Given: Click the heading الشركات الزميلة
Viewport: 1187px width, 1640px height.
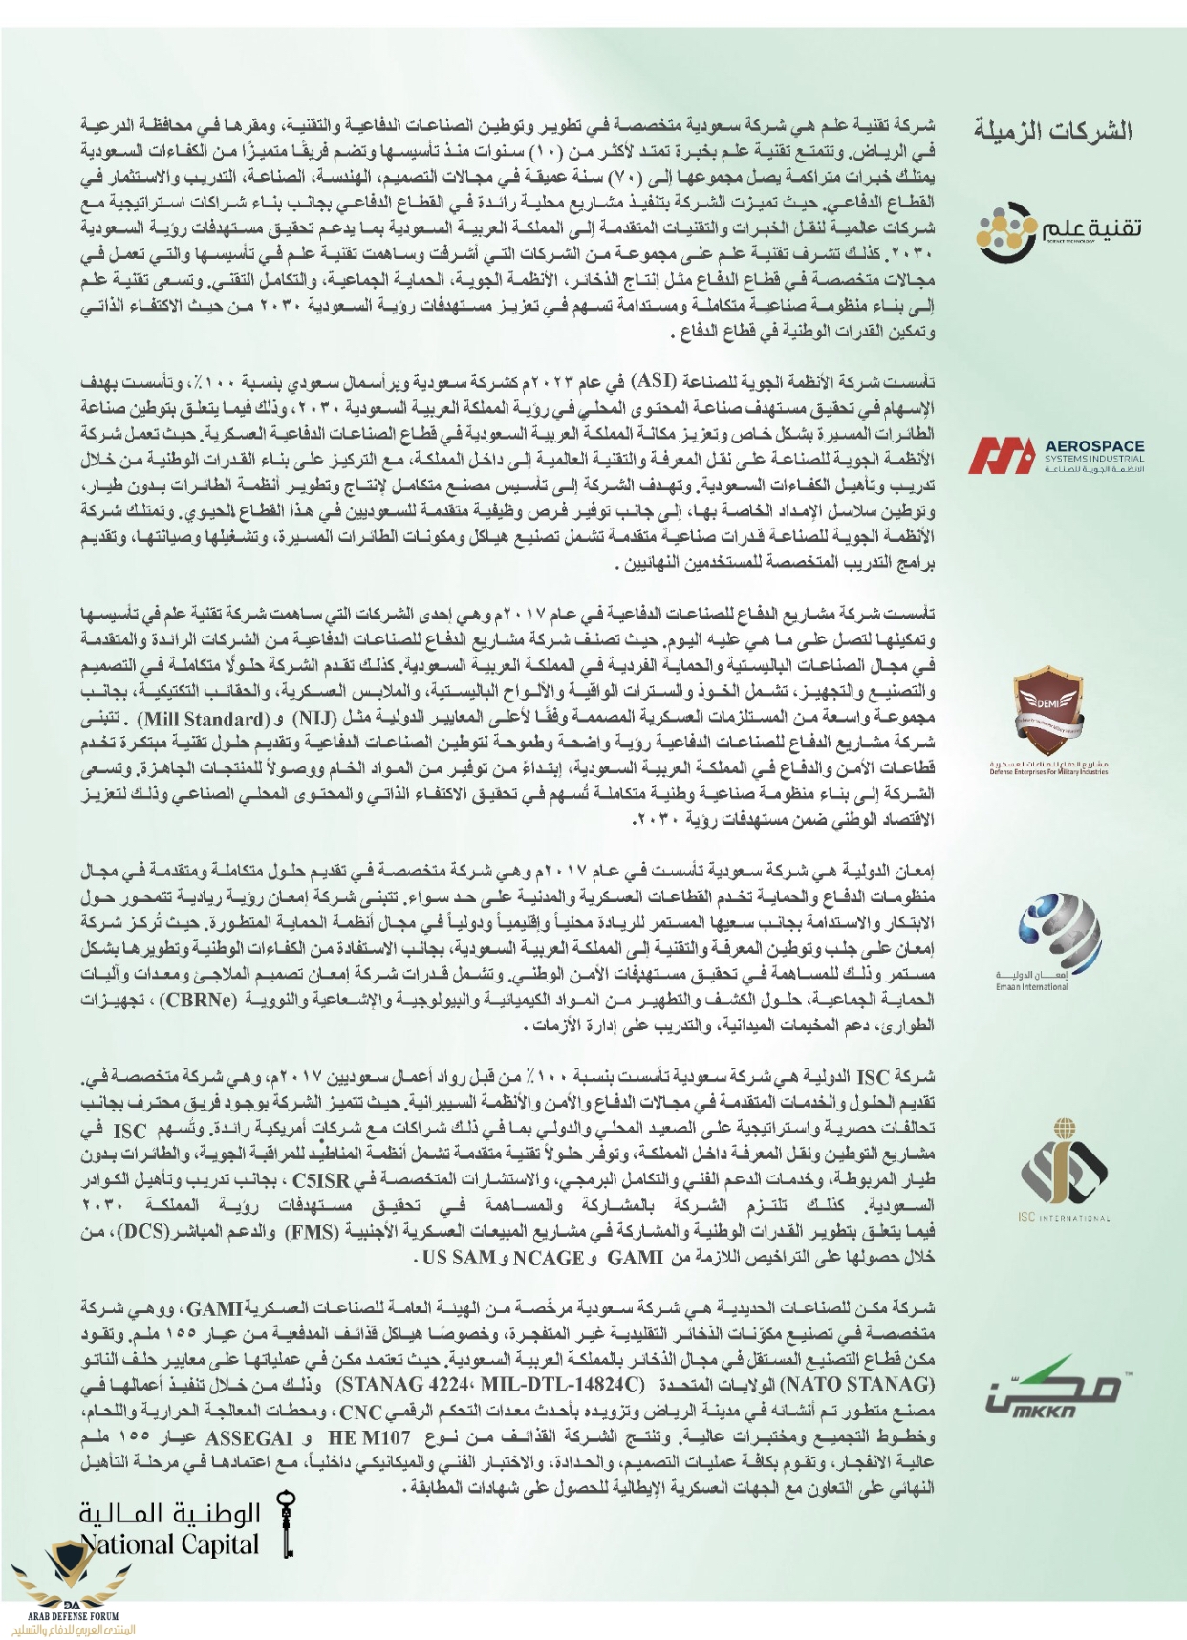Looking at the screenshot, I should (x=1052, y=130).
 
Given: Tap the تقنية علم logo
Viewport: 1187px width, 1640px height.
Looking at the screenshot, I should (x=1058, y=230).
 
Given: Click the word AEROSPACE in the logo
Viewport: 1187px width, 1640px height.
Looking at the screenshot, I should (x=1094, y=445).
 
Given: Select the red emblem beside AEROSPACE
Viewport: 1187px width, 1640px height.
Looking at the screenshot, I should (x=1002, y=455).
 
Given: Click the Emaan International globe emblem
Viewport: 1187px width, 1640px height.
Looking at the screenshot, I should (x=1058, y=932).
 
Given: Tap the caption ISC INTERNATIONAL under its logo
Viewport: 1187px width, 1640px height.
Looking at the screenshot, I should (x=1064, y=1218).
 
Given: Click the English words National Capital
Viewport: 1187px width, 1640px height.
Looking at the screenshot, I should (x=170, y=1543).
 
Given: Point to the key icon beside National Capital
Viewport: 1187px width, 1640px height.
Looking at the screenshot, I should (x=285, y=1525).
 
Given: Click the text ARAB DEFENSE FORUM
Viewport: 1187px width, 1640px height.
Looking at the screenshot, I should (x=74, y=1614).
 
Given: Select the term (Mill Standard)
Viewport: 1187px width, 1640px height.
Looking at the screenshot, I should (x=203, y=718).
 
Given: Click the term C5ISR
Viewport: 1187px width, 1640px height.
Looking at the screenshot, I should (x=321, y=1179).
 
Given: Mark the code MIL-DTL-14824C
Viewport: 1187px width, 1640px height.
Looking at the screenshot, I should (x=562, y=1384).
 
